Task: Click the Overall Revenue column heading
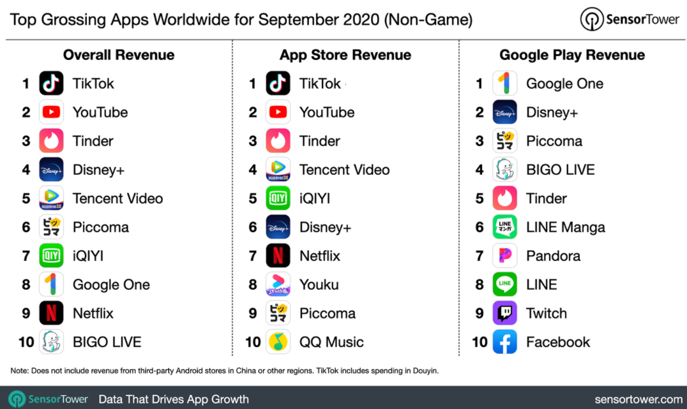(118, 55)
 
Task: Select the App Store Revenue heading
(345, 55)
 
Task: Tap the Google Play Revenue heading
(572, 55)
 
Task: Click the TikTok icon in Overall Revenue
(51, 84)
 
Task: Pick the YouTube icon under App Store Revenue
(278, 112)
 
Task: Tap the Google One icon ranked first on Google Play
(504, 84)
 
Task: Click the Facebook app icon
(504, 342)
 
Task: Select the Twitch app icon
(504, 313)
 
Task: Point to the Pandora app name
(553, 256)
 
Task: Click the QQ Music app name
(331, 342)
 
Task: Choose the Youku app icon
(278, 285)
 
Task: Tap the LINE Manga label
(565, 227)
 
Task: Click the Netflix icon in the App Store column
(278, 256)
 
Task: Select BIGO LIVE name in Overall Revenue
(107, 342)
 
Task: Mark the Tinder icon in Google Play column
(504, 198)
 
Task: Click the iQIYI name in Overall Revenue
(88, 256)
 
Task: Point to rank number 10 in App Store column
(253, 342)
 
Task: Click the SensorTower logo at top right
(630, 19)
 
